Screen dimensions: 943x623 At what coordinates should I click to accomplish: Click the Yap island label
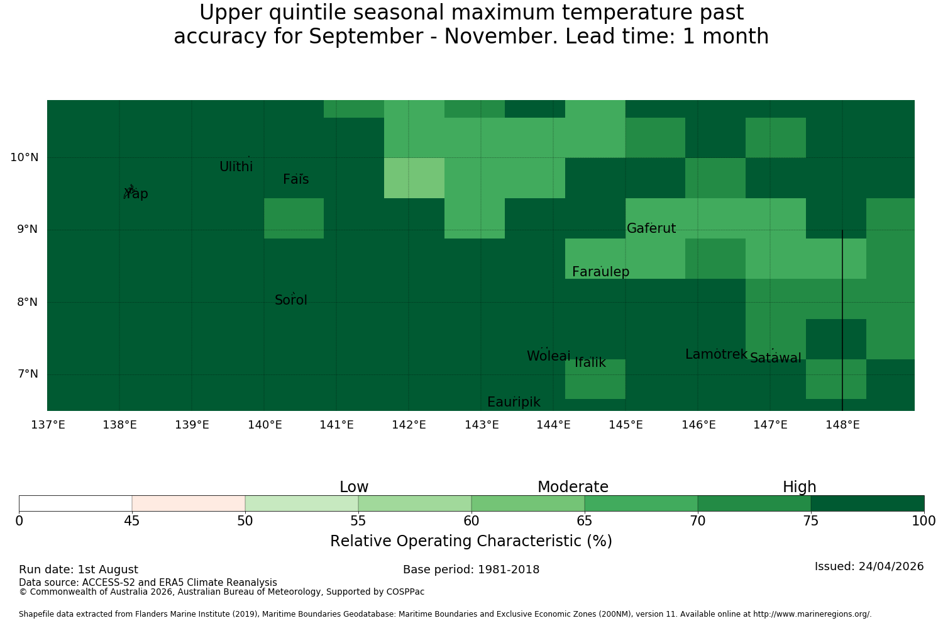pyautogui.click(x=136, y=193)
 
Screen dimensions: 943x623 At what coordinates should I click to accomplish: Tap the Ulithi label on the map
pyautogui.click(x=236, y=167)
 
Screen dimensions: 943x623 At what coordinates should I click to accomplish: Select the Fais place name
pyautogui.click(x=296, y=179)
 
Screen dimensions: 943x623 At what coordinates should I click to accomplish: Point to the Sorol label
pyautogui.click(x=291, y=300)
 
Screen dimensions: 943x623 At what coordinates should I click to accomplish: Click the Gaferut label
pyautogui.click(x=651, y=228)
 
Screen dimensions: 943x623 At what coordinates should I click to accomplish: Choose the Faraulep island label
pyautogui.click(x=601, y=272)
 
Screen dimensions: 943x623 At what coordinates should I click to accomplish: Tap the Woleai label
pyautogui.click(x=549, y=356)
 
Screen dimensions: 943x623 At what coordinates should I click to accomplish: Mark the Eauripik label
pyautogui.click(x=514, y=402)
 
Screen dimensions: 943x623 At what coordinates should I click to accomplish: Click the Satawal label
pyautogui.click(x=775, y=358)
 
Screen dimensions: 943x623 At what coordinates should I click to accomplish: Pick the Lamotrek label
pyautogui.click(x=717, y=354)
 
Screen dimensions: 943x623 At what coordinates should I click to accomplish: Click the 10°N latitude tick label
pyautogui.click(x=25, y=157)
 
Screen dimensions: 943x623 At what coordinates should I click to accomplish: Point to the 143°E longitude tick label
pyautogui.click(x=482, y=425)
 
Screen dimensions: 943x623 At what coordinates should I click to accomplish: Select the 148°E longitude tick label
pyautogui.click(x=842, y=425)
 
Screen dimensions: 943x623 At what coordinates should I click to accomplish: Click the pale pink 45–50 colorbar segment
pyautogui.click(x=189, y=503)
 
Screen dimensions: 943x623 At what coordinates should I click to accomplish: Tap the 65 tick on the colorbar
pyautogui.click(x=584, y=522)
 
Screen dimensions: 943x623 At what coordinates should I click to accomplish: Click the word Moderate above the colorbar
pyautogui.click(x=573, y=487)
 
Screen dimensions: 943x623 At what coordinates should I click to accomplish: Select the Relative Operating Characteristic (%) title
pyautogui.click(x=471, y=541)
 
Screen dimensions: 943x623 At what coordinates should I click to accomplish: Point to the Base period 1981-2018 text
pyautogui.click(x=471, y=570)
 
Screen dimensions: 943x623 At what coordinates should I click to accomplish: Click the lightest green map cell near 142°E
pyautogui.click(x=414, y=178)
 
